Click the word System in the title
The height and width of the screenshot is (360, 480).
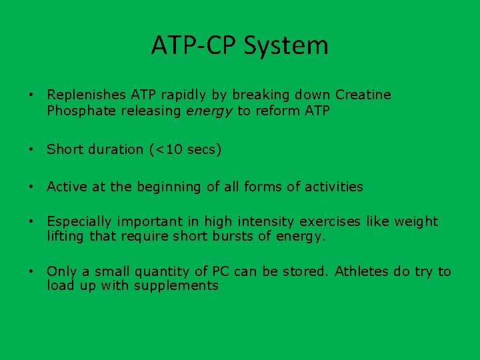pos(286,46)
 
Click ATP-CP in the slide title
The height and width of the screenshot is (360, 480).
pos(194,46)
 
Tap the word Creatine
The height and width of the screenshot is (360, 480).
pos(363,95)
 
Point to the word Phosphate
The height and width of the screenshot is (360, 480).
pos(81,111)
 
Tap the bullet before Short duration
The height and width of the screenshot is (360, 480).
pos(31,150)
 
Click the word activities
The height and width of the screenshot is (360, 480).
pos(334,187)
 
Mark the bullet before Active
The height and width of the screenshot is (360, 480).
pos(31,187)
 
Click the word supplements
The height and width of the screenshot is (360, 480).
pos(176,286)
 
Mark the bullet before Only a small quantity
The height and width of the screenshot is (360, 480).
pos(31,271)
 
